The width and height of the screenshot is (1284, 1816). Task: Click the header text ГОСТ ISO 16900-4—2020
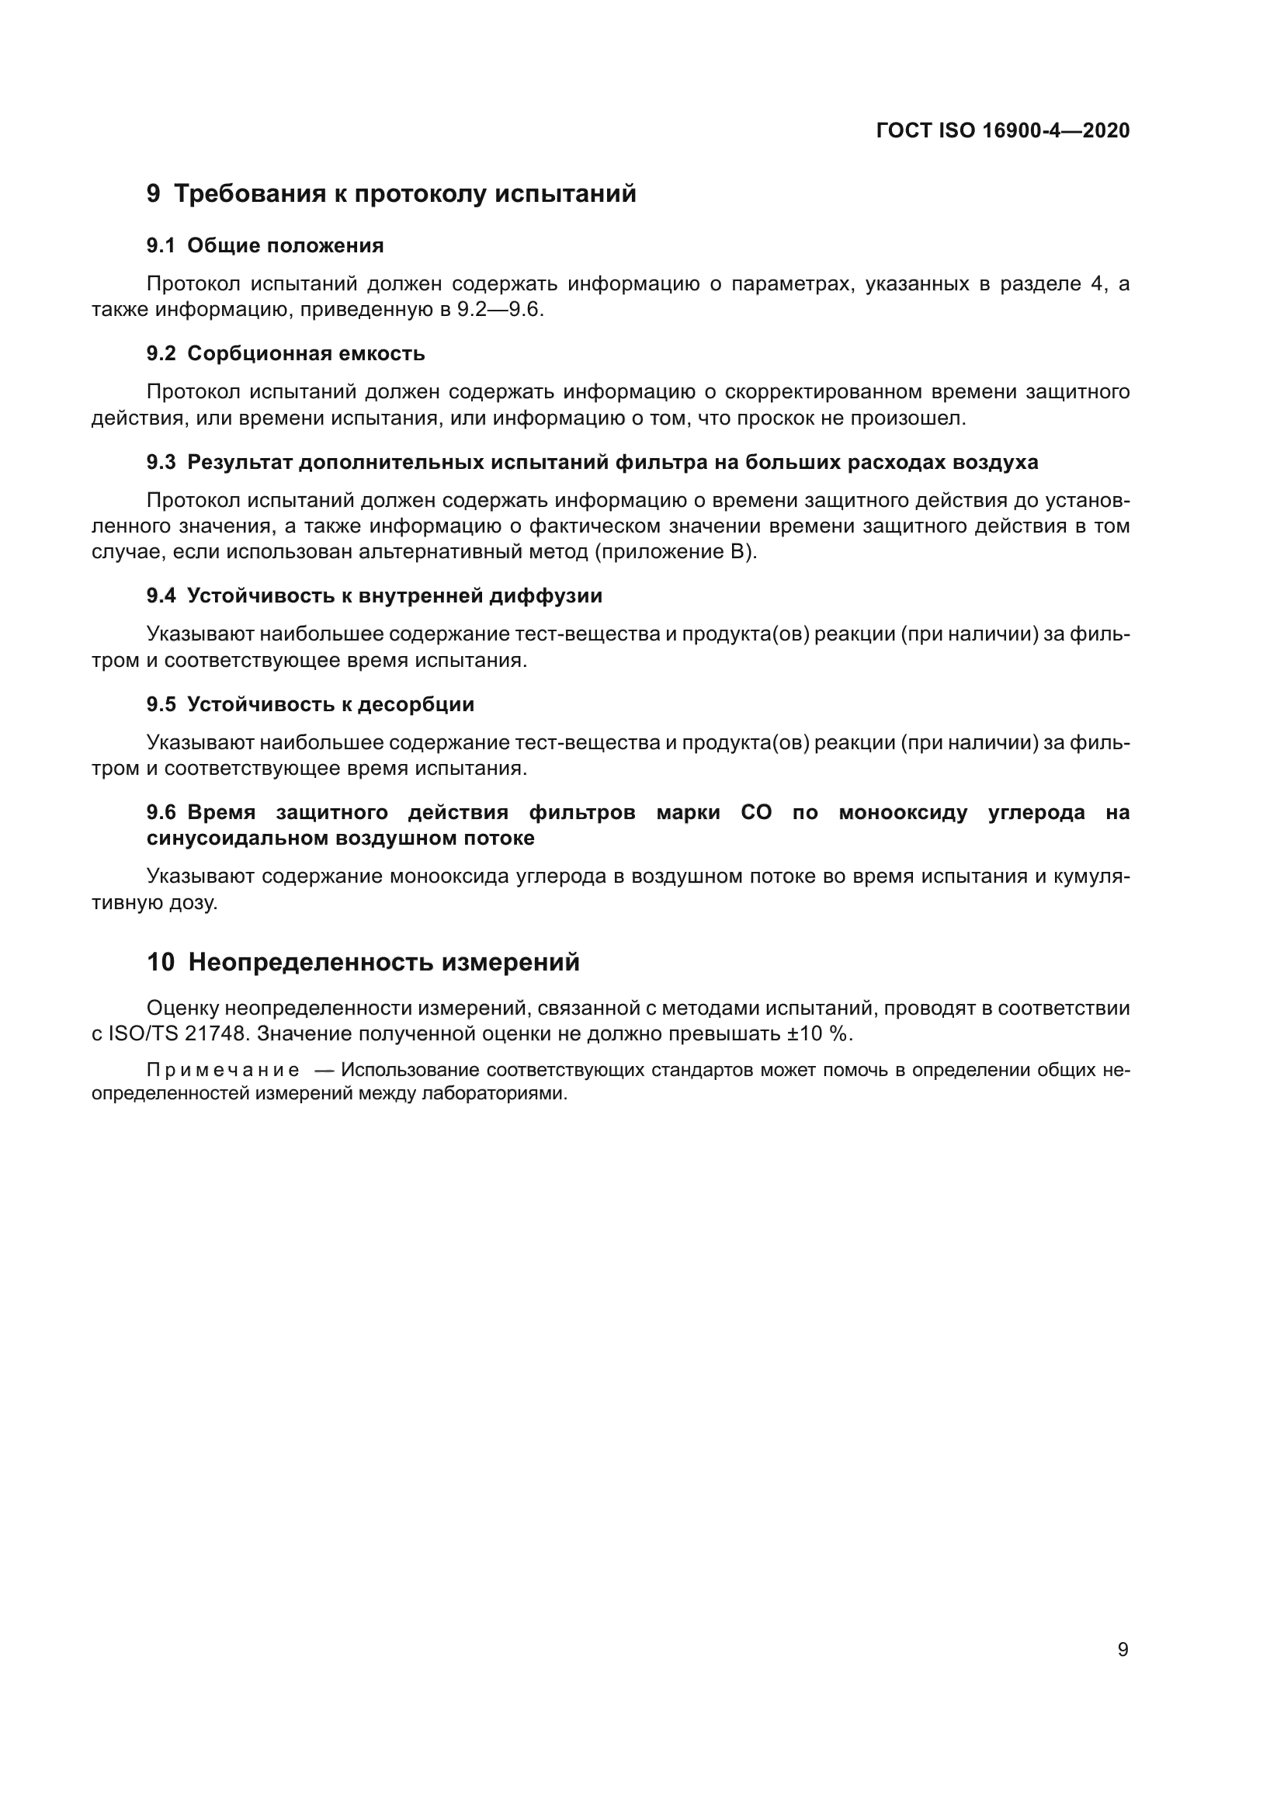coord(1002,130)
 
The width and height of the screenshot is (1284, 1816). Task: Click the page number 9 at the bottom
coord(1123,1650)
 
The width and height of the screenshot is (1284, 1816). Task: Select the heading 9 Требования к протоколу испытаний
coord(391,194)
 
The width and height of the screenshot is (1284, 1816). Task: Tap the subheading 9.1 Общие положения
coord(265,246)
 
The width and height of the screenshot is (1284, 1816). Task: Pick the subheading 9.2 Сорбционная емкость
coord(286,353)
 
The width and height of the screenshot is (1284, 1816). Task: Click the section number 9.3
coord(161,463)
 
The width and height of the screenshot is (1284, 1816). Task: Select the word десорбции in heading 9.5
coord(416,704)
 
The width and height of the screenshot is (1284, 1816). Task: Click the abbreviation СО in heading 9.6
coord(756,812)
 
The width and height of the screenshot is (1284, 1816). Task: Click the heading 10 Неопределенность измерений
coord(363,963)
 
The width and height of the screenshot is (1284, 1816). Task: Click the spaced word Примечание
coord(223,1071)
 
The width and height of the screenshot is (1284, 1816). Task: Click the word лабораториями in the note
coord(494,1095)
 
